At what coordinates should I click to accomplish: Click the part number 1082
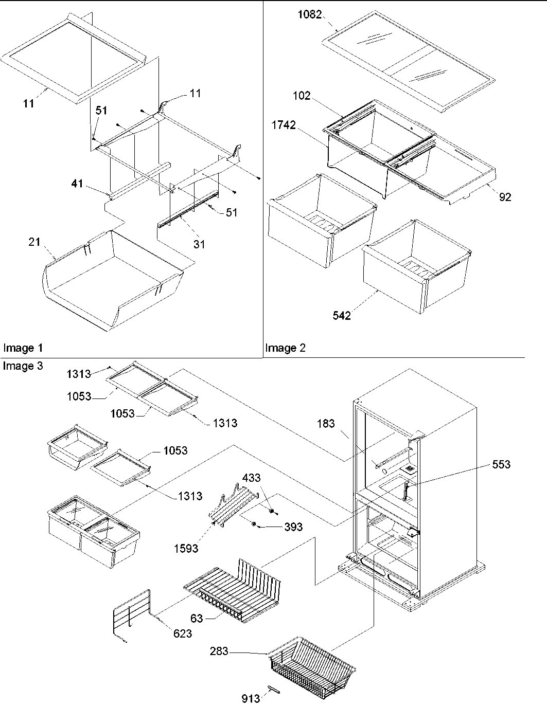coord(310,15)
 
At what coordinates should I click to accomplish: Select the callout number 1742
coord(285,125)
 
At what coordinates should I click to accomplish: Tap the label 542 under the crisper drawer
coord(341,315)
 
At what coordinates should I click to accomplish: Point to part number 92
coord(505,197)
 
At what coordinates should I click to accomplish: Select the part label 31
coord(199,244)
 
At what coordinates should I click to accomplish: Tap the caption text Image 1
coord(23,348)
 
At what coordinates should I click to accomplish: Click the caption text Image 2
coord(285,348)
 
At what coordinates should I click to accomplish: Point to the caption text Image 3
coord(23,366)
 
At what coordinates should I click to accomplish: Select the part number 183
coord(326,423)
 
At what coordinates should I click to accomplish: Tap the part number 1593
coord(186,548)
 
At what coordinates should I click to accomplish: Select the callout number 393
coord(293,527)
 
